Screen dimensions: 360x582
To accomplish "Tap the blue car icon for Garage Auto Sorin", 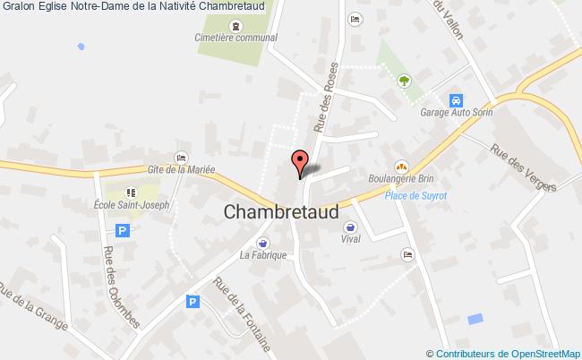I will coord(456,99).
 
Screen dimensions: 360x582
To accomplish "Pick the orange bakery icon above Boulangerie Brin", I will coord(401,166).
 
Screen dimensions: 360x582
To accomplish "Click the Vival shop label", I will coord(351,239).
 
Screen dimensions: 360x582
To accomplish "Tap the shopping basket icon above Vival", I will coord(351,226).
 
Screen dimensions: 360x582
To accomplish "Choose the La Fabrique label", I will coord(262,255).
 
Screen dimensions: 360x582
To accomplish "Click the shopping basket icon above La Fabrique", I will coord(262,242).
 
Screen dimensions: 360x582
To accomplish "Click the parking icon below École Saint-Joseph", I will coord(123,230).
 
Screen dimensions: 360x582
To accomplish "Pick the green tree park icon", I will coord(404,80).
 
